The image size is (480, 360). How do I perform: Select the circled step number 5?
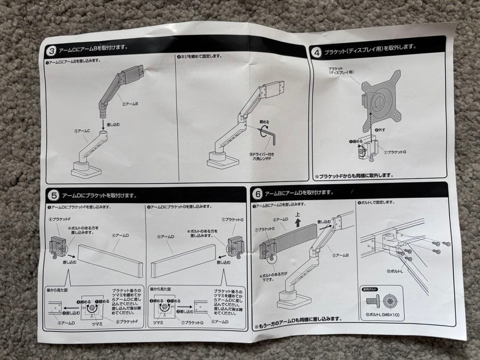point(53,195)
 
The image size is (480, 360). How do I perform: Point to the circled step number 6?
point(257,194)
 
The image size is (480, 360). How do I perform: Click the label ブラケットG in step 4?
point(395,152)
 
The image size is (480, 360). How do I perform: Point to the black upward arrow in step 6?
point(298,222)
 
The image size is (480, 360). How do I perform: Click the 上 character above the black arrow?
point(298,213)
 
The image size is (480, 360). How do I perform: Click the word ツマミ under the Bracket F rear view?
point(97,324)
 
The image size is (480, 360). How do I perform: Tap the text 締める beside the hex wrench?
point(264,121)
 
